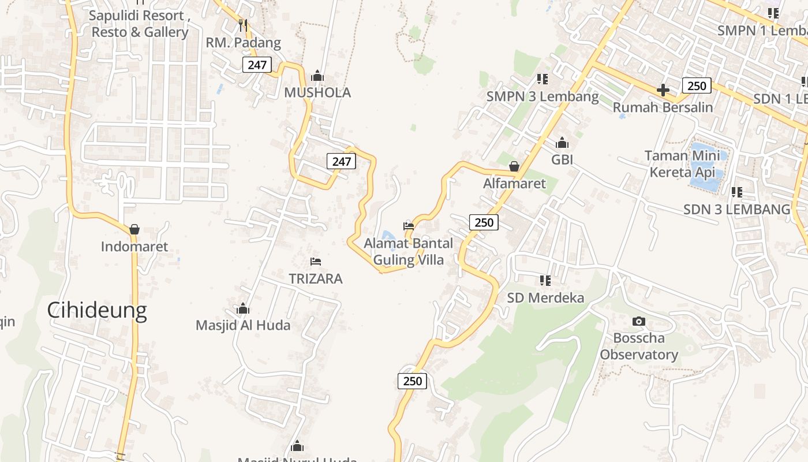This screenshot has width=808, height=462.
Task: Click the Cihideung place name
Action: pyautogui.click(x=97, y=311)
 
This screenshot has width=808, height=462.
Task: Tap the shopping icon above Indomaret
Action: pyautogui.click(x=134, y=229)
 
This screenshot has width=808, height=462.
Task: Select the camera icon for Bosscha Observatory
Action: pyautogui.click(x=638, y=321)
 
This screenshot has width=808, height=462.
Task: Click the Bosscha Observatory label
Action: pyautogui.click(x=639, y=346)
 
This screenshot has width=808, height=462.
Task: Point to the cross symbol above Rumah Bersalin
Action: pyautogui.click(x=663, y=90)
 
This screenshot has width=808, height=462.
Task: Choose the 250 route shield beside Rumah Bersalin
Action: pyautogui.click(x=697, y=86)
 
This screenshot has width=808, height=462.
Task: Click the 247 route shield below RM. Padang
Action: pyautogui.click(x=257, y=65)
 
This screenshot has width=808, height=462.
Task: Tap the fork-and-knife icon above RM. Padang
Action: pyautogui.click(x=243, y=25)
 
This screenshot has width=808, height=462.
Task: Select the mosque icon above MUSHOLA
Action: pyautogui.click(x=317, y=76)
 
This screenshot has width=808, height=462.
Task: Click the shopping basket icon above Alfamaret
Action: pyautogui.click(x=514, y=166)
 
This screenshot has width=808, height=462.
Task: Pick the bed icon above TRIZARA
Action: pyautogui.click(x=315, y=262)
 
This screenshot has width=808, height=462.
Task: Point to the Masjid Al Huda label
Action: pyautogui.click(x=243, y=325)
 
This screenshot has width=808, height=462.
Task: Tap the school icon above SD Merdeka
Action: pyautogui.click(x=545, y=281)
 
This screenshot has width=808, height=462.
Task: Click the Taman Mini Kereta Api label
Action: pyautogui.click(x=682, y=163)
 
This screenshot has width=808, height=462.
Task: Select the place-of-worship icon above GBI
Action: pyautogui.click(x=562, y=143)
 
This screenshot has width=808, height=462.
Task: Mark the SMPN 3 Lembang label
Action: pyautogui.click(x=543, y=96)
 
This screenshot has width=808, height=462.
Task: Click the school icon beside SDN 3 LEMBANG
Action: pyautogui.click(x=736, y=192)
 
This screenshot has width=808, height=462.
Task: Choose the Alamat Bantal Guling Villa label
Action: pyautogui.click(x=409, y=251)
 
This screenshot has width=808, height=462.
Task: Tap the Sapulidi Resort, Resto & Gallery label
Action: pyautogui.click(x=140, y=24)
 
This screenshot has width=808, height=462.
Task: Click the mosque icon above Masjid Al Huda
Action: pyautogui.click(x=243, y=308)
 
